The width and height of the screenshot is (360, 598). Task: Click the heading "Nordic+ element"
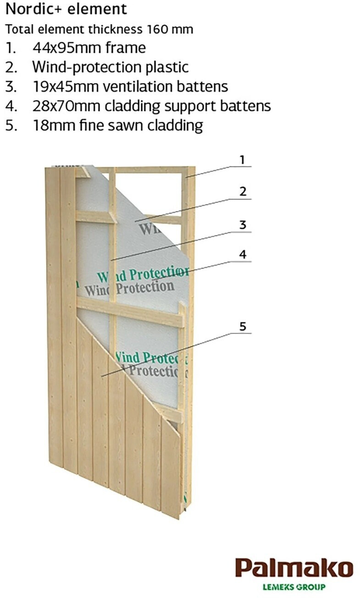(66, 9)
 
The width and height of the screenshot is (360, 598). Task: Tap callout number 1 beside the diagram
(242, 160)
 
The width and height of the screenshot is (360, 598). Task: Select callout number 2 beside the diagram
(243, 191)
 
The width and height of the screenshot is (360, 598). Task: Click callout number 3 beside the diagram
(243, 225)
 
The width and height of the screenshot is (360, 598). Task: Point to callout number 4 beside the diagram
(243, 254)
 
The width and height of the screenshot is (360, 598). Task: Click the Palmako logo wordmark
(294, 567)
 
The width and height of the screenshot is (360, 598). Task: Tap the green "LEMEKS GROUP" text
(294, 587)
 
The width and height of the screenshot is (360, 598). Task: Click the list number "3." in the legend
(11, 86)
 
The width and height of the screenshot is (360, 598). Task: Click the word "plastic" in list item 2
(167, 67)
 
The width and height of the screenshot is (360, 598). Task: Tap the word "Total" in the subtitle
(19, 29)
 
